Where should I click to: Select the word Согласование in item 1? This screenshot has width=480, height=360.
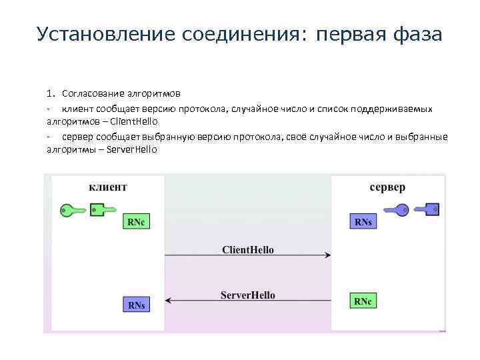[x=91, y=93]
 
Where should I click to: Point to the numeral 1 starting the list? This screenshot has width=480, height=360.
[x=49, y=93]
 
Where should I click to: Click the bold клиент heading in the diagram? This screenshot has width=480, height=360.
[x=107, y=187]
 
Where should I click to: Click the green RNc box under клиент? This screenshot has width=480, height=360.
[x=135, y=222]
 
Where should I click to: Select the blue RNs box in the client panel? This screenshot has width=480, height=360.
[x=136, y=305]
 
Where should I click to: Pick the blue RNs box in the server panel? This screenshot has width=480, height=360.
[x=363, y=222]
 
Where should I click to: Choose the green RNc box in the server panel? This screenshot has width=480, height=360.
[x=363, y=301]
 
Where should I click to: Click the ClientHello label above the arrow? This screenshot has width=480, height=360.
[x=247, y=250]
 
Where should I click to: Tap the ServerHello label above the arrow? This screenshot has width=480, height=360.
[x=247, y=295]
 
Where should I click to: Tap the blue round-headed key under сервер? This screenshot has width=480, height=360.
[x=393, y=209]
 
